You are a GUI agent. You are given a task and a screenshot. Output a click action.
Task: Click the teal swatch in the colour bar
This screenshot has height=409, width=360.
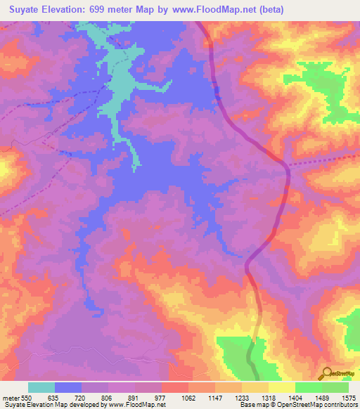click(41, 387)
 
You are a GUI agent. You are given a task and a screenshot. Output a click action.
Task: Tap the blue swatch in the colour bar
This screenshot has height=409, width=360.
click(68, 387)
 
